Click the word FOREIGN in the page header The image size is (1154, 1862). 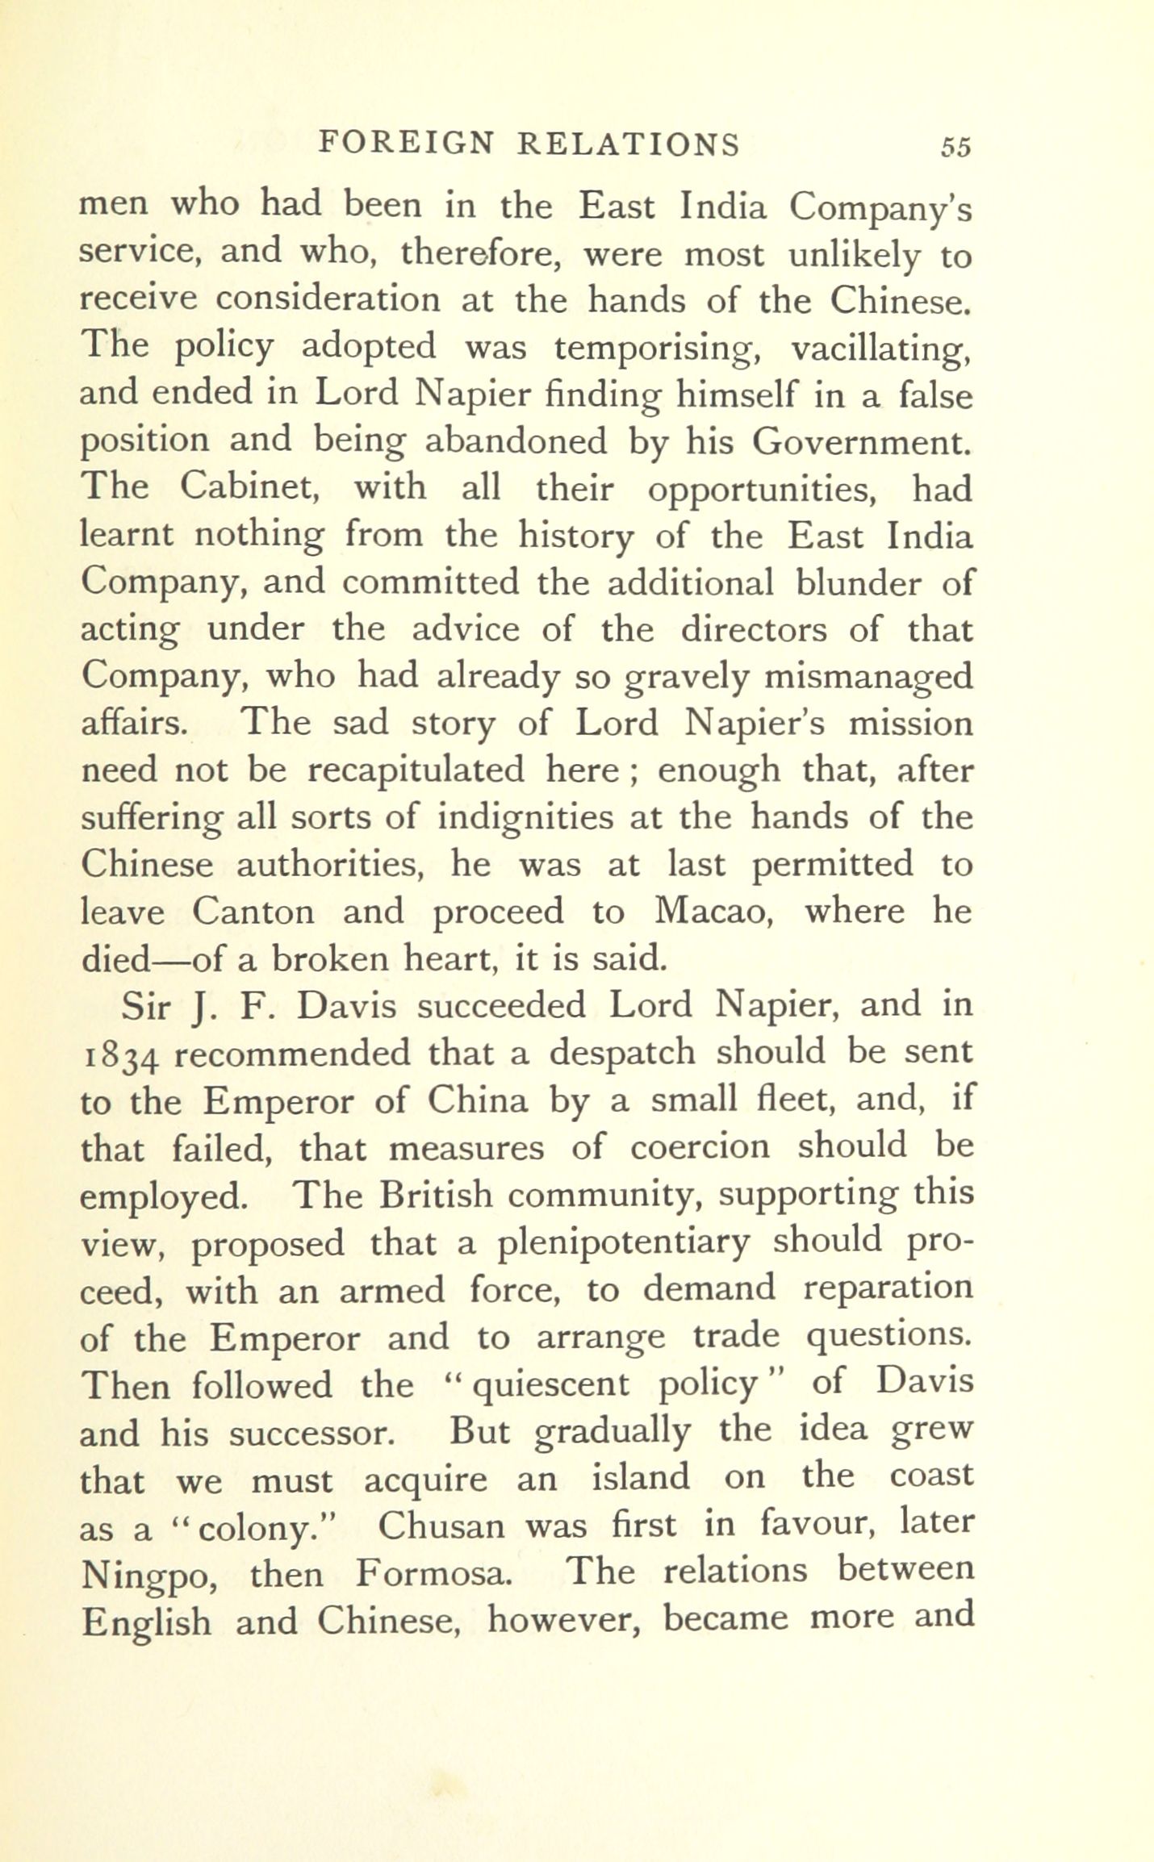click(x=405, y=144)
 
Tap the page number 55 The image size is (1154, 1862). click(x=955, y=147)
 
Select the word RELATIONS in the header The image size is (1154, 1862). click(x=628, y=144)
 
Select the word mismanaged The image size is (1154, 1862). click(x=868, y=676)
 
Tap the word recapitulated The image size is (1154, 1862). click(x=416, y=770)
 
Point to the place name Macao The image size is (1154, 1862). click(x=717, y=911)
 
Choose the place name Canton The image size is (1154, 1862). click(x=253, y=912)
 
